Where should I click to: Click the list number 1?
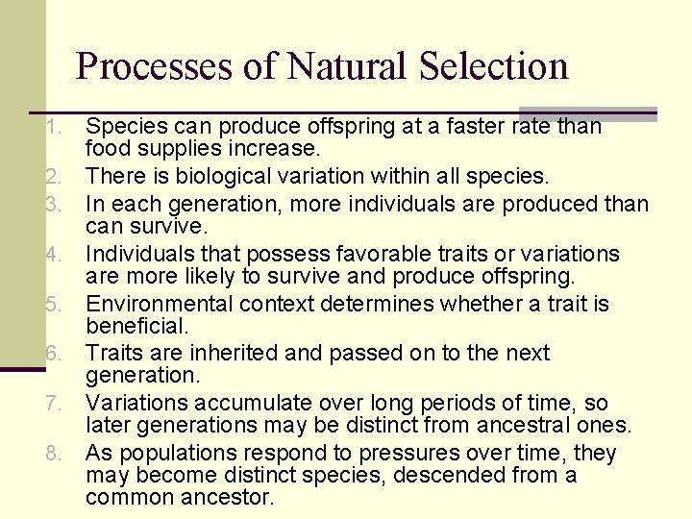[56, 127]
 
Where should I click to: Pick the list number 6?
[56, 355]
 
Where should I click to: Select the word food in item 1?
[106, 149]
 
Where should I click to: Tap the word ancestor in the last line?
[230, 498]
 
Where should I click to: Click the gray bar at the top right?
[587, 113]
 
